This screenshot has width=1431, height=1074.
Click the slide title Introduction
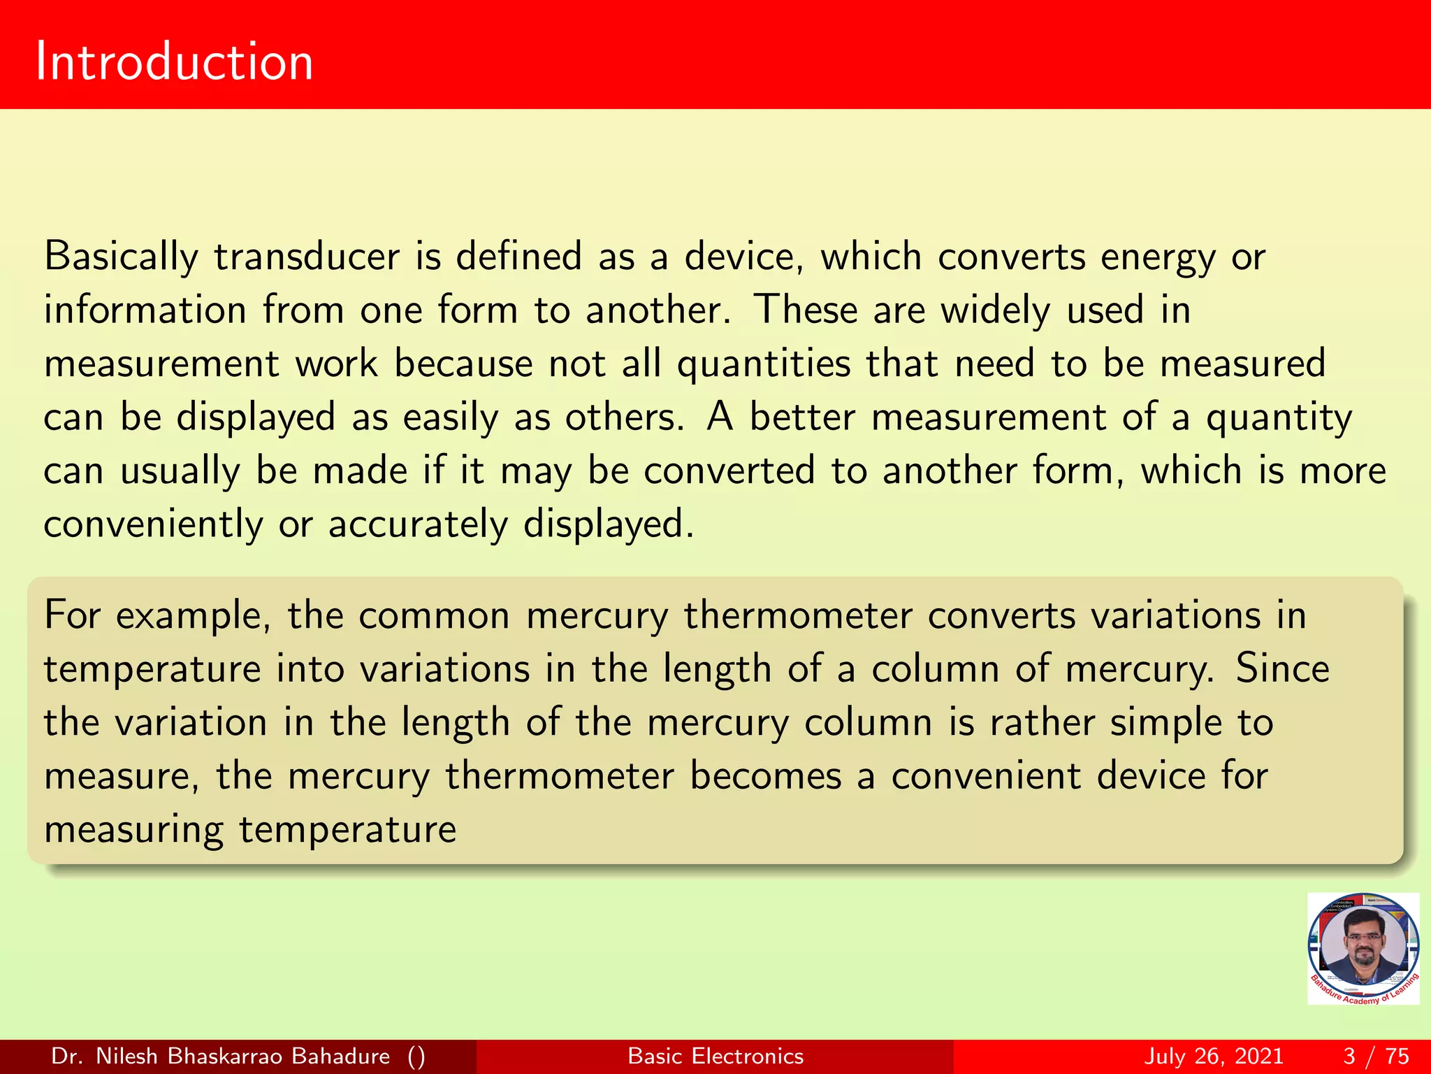[x=174, y=62]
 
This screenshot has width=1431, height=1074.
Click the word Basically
[x=121, y=257]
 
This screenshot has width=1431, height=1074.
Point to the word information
[x=145, y=310]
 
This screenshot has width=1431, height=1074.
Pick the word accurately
[x=418, y=525]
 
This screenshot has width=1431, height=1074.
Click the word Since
[x=1282, y=668]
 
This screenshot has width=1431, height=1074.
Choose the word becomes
[x=766, y=776]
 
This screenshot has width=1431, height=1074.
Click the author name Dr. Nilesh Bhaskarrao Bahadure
[x=221, y=1056]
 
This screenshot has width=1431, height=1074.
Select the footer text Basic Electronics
[x=715, y=1056]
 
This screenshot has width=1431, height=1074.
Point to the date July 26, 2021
[x=1214, y=1056]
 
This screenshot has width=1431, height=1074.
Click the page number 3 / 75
[x=1376, y=1056]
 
